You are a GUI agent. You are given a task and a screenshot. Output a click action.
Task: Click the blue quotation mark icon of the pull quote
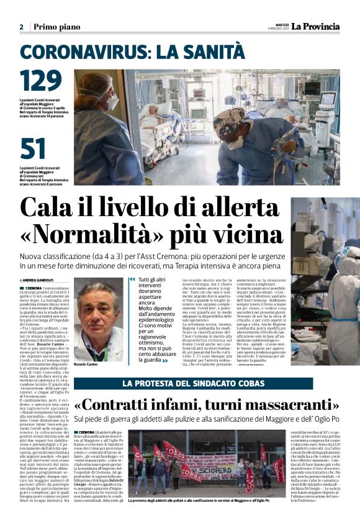click(x=132, y=280)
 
